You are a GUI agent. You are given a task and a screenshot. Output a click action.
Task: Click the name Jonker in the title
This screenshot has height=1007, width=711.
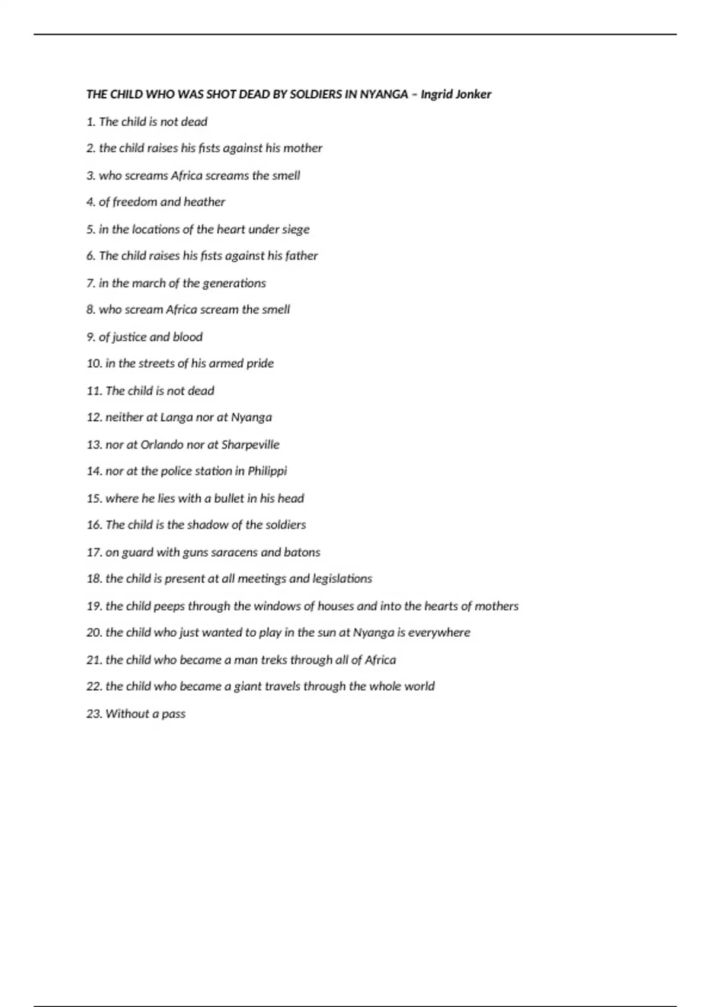472,94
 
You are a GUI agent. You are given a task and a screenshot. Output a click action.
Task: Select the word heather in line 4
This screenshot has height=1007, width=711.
204,202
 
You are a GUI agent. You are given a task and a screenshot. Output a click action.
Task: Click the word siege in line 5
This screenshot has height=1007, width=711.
295,229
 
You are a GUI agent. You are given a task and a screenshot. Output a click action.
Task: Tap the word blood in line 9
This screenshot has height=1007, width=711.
188,337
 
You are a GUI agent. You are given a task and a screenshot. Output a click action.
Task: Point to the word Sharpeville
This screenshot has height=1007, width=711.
250,444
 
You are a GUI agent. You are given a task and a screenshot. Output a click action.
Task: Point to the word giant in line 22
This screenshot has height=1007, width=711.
248,687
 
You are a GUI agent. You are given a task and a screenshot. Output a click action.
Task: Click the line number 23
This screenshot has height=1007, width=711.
94,714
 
